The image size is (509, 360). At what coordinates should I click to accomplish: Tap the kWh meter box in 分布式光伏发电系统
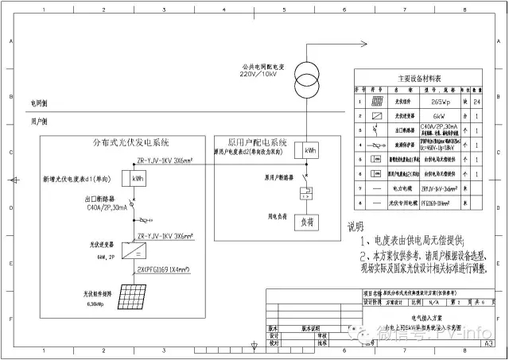[138, 179]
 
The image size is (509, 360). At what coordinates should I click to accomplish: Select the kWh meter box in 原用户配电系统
[305, 149]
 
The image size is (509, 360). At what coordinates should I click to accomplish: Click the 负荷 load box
[305, 223]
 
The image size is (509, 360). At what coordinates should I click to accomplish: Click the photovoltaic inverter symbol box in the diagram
[138, 253]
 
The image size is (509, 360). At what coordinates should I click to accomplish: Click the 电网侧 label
[39, 103]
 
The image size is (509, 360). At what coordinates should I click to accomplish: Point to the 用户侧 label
[39, 122]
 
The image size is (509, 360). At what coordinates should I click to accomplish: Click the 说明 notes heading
[354, 226]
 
